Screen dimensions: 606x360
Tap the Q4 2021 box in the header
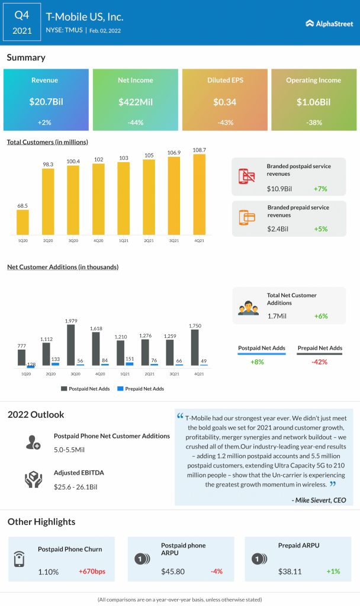point(22,22)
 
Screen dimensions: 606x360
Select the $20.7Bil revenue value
point(46,102)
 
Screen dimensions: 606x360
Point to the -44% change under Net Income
point(135,123)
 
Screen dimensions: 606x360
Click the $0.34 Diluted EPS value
point(224,102)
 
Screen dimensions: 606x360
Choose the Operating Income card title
point(313,80)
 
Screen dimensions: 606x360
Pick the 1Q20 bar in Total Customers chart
point(22,221)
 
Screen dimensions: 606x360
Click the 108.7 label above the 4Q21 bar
point(200,150)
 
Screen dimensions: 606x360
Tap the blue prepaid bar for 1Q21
point(130,363)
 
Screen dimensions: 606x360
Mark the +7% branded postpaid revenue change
point(320,189)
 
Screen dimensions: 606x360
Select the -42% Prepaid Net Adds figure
point(320,362)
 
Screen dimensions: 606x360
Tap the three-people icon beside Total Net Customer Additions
point(248,308)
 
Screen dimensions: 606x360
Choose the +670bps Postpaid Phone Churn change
point(92,572)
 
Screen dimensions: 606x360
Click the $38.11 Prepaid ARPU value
point(290,572)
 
